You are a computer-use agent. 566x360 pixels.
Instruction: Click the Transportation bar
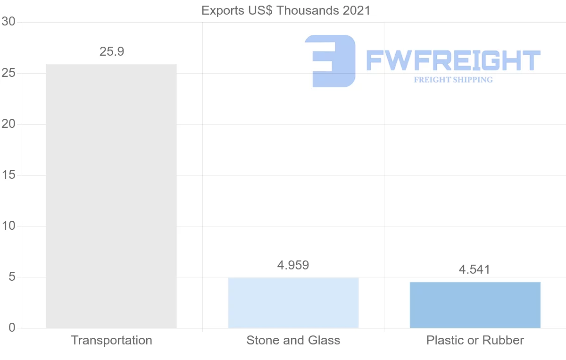tap(111, 196)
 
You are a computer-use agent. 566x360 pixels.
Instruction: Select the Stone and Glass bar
tap(293, 302)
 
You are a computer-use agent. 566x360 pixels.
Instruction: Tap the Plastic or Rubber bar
tap(475, 305)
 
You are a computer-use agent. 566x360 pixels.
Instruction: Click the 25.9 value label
tap(112, 52)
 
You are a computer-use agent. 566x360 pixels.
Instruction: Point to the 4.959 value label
tap(293, 265)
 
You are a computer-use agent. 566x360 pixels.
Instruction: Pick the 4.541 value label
tap(474, 270)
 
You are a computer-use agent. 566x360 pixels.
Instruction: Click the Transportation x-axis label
tap(111, 340)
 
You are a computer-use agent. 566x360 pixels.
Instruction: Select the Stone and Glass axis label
tap(293, 340)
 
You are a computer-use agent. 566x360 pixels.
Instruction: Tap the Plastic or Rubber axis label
tap(475, 340)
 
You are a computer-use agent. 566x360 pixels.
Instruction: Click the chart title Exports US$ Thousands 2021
tap(286, 10)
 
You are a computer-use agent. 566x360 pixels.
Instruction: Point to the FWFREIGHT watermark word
tap(453, 60)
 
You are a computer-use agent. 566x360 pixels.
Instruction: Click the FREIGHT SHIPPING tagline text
tap(453, 80)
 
